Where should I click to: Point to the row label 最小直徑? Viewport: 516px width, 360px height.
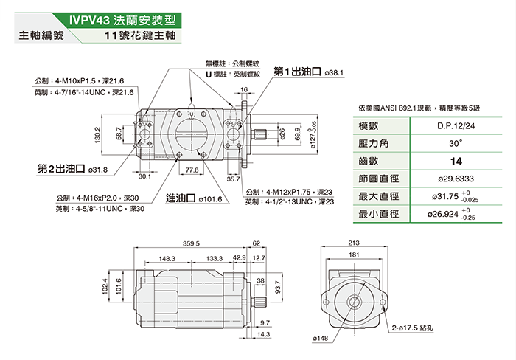pos(378,214)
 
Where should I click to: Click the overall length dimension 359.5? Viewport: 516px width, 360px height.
pos(192,243)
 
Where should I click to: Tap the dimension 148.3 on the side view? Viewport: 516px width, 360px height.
pos(167,259)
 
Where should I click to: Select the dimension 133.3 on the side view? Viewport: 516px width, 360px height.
pos(215,259)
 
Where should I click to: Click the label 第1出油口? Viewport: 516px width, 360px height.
pos(298,72)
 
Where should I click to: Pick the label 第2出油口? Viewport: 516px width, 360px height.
pos(61,169)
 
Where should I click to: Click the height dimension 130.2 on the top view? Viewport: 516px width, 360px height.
pos(97,134)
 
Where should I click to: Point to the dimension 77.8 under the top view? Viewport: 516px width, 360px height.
pos(192,170)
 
